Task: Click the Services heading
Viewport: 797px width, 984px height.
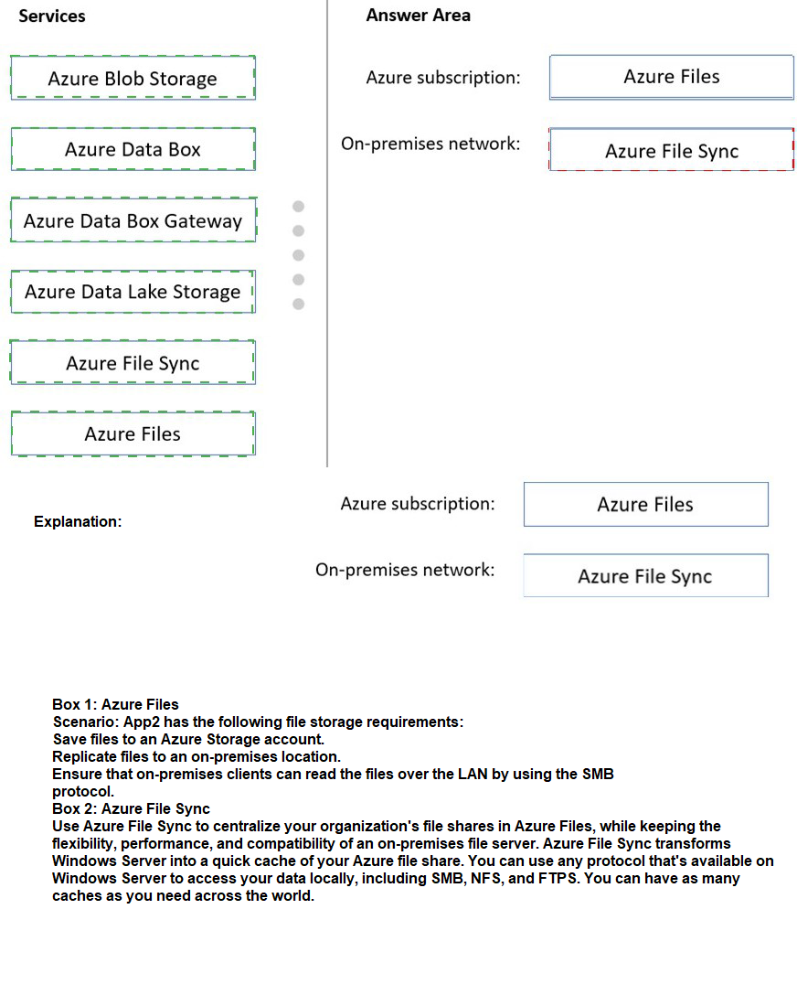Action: tap(52, 16)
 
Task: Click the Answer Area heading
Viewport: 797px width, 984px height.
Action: tap(418, 15)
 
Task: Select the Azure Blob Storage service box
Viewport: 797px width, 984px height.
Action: tap(133, 78)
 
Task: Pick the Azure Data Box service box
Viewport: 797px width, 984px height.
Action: tap(133, 149)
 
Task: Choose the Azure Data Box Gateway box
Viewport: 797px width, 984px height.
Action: tap(133, 220)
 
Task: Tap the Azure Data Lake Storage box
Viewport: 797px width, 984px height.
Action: tap(133, 292)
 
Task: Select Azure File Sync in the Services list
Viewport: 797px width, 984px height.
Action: tap(133, 363)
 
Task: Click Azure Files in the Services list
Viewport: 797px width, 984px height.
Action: tap(133, 434)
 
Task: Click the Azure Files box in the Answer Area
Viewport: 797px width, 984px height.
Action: tap(672, 77)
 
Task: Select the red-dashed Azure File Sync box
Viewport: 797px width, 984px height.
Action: tap(672, 151)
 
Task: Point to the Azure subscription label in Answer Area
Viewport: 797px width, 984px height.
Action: tap(443, 78)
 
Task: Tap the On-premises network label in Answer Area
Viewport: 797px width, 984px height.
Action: tap(430, 144)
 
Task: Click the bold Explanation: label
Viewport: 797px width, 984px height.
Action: tap(78, 521)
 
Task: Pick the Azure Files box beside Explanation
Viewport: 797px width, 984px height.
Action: tap(645, 505)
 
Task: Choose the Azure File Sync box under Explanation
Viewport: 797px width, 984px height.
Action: tap(645, 576)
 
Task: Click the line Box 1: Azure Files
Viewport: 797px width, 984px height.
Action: tap(115, 704)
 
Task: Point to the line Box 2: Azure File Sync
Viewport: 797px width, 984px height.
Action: tap(131, 808)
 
